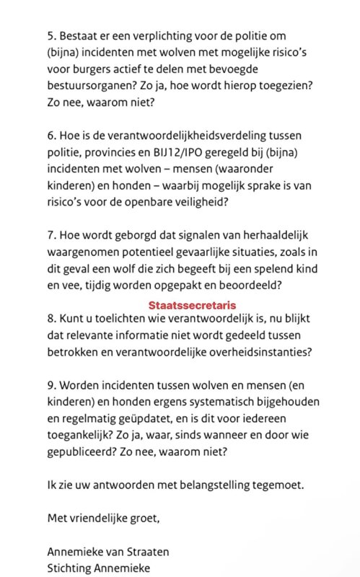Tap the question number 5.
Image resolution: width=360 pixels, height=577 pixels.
(51, 35)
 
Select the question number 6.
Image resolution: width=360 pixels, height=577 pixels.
(51, 136)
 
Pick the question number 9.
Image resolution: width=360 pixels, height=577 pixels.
(51, 405)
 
